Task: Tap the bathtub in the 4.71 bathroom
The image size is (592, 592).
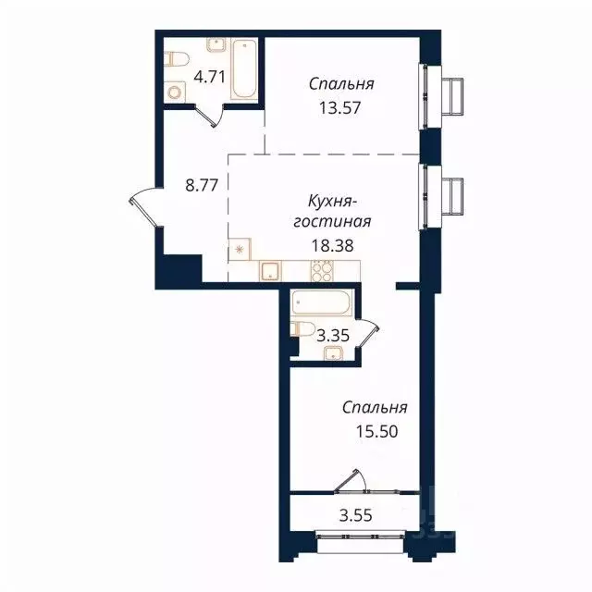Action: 243,68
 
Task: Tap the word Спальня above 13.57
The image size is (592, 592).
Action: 341,83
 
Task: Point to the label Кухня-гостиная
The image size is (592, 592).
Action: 340,211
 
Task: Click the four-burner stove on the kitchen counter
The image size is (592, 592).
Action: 321,271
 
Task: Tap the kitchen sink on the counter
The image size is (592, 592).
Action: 269,271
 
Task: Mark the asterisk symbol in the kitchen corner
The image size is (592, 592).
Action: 240,249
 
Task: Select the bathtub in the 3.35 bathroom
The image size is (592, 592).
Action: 320,302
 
